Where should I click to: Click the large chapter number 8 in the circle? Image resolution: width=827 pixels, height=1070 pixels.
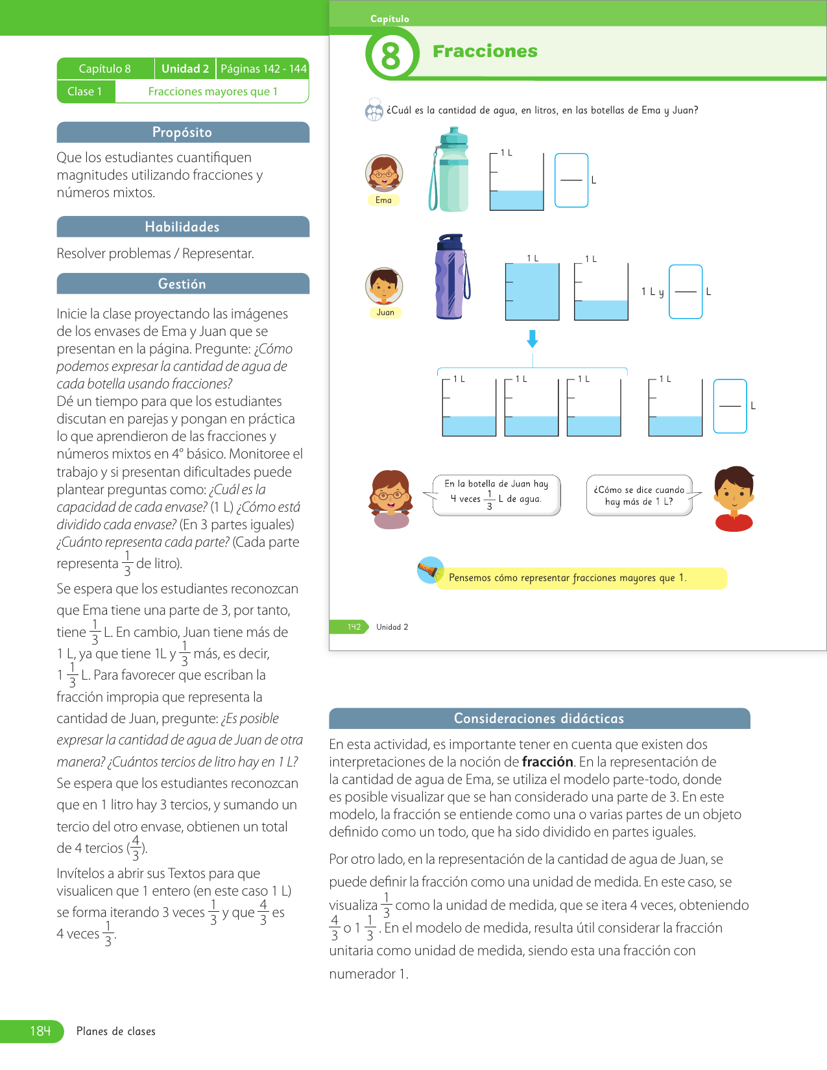(390, 55)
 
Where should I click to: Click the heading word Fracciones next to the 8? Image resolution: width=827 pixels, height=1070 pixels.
(485, 51)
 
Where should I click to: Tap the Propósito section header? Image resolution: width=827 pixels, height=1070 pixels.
(182, 132)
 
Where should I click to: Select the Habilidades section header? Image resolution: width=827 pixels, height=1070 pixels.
(182, 227)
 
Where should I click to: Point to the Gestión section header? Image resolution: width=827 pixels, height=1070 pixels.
(182, 284)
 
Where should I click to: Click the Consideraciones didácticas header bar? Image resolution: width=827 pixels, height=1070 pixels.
(539, 719)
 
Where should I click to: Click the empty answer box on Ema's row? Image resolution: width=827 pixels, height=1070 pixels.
(571, 180)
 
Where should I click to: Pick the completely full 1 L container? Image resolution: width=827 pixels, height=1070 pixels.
(532, 291)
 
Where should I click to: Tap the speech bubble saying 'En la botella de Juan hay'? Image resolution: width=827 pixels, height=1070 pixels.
(496, 495)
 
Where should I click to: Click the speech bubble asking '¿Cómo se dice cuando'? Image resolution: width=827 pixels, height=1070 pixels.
(640, 495)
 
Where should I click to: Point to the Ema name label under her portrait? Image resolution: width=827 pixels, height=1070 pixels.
(383, 200)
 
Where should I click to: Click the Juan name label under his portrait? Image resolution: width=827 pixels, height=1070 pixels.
(385, 313)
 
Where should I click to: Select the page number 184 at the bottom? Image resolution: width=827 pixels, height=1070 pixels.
(40, 1031)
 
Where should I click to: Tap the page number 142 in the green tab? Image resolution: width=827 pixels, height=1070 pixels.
(354, 627)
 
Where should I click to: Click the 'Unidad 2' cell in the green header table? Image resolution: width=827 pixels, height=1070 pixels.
(185, 69)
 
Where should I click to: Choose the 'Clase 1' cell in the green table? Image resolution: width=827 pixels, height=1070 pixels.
(85, 91)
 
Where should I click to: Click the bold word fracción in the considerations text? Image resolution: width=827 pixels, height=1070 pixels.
(547, 762)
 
